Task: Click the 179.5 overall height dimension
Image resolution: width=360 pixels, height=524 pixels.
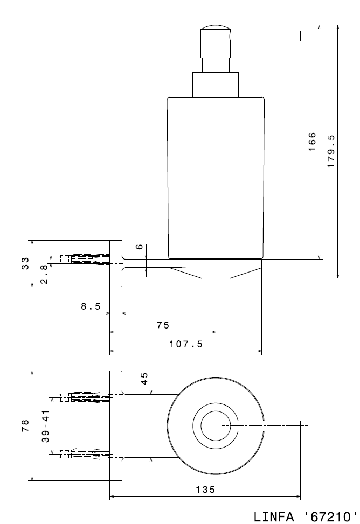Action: [x=332, y=151]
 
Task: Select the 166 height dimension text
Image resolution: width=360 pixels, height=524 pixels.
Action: [x=312, y=142]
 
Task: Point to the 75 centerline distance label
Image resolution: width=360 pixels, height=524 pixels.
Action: [x=163, y=325]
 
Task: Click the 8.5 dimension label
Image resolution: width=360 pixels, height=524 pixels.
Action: [x=91, y=306]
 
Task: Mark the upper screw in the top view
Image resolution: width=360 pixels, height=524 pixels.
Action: [x=86, y=397]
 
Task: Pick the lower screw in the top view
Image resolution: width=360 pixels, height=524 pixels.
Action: [x=86, y=453]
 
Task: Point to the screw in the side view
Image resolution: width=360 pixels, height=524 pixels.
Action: [x=86, y=258]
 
